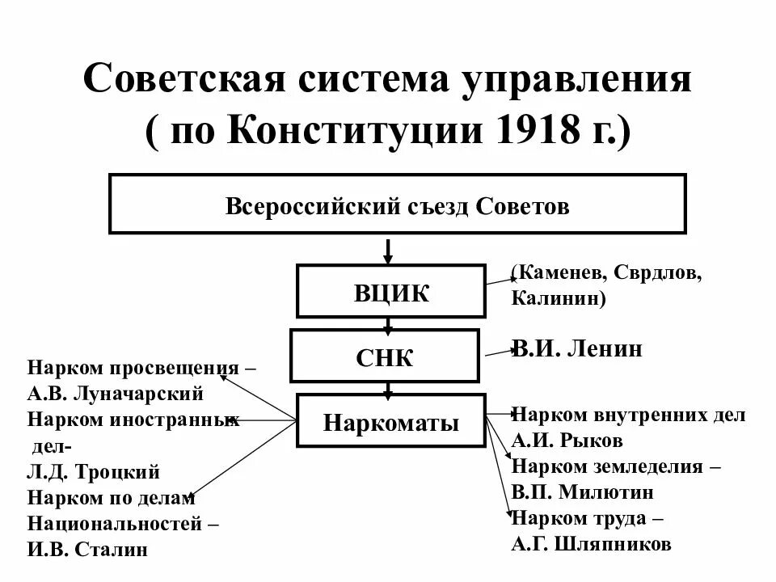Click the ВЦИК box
pyautogui.click(x=391, y=291)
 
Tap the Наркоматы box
pyautogui.click(x=391, y=421)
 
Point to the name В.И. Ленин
pyautogui.click(x=577, y=349)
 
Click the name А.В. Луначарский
pyautogui.click(x=115, y=394)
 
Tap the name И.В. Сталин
pyautogui.click(x=88, y=549)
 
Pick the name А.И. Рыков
pyautogui.click(x=567, y=441)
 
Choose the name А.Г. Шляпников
pyautogui.click(x=591, y=544)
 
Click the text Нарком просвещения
pyautogui.click(x=133, y=369)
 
